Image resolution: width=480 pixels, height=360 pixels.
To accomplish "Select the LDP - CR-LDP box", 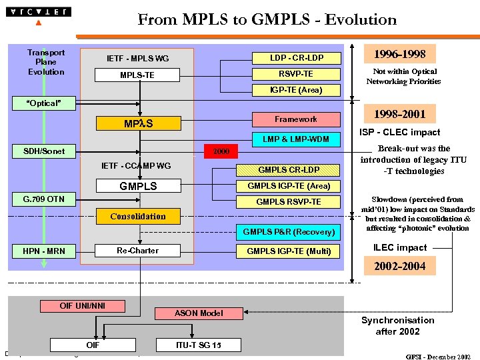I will (x=296, y=58).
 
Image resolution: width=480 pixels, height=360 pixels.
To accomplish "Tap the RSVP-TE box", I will (x=296, y=74).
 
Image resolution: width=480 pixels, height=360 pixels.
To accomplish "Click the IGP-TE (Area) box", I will (x=296, y=90).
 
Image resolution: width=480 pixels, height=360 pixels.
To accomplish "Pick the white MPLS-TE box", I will (x=137, y=75).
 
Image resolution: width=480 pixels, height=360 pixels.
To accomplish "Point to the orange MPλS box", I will (x=138, y=123).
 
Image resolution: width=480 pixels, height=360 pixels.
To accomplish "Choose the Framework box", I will (x=296, y=119).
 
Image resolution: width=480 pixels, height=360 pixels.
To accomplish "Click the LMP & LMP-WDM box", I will (x=296, y=139).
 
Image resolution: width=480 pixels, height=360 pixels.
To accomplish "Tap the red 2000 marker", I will (x=221, y=151).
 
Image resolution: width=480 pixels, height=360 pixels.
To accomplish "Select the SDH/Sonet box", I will (x=44, y=151).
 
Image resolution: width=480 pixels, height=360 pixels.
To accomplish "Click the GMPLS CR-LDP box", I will (x=289, y=170).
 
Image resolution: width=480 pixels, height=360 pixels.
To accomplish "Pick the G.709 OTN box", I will (x=44, y=199).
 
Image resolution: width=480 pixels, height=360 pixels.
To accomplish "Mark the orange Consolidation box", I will (x=138, y=216).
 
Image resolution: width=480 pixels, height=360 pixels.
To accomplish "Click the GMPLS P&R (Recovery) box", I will (x=288, y=232).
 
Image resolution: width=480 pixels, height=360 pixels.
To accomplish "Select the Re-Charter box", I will (x=138, y=250).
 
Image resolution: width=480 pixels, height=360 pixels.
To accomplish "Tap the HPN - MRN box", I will (x=44, y=251).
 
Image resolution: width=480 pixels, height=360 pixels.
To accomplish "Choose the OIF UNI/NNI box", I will (x=82, y=306).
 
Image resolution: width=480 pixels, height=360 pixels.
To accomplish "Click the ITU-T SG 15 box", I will (x=198, y=345).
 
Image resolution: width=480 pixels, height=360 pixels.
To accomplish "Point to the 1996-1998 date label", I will (x=399, y=54).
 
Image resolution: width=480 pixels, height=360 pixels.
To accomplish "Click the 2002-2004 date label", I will (x=399, y=266).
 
